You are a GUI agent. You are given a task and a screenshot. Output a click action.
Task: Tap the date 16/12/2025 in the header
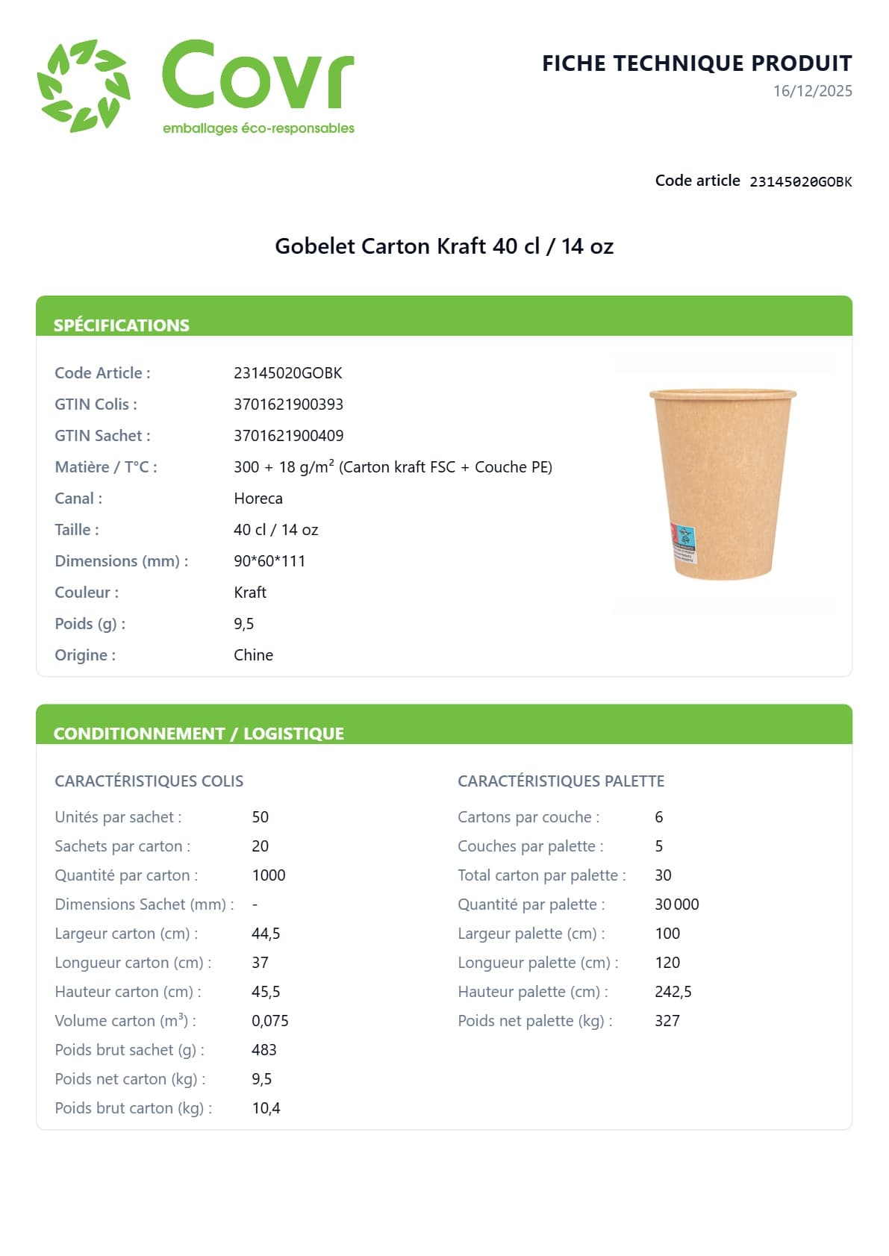click(812, 91)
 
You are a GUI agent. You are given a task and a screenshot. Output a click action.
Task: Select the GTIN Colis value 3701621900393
click(288, 404)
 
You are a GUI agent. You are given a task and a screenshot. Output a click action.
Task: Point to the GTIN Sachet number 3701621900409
click(288, 436)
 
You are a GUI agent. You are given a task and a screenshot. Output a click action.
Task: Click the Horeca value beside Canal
click(258, 499)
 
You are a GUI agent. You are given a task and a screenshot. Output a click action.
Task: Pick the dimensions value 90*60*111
click(269, 561)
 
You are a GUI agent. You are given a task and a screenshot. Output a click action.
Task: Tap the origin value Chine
click(253, 655)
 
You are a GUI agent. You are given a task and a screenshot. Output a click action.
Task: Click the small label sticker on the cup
click(682, 543)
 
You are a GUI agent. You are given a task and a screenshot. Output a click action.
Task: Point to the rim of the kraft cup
click(723, 393)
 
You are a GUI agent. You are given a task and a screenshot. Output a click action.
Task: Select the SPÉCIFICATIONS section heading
click(122, 325)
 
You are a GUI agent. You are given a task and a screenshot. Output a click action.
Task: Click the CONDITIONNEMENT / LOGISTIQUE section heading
click(199, 734)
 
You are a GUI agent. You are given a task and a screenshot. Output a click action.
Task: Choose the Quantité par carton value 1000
click(269, 875)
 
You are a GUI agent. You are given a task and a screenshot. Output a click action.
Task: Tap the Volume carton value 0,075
click(269, 1021)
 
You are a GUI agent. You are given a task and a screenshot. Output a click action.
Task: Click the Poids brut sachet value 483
click(264, 1050)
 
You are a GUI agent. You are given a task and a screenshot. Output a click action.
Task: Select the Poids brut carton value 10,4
click(266, 1108)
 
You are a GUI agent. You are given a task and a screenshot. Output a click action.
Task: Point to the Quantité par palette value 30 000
click(676, 904)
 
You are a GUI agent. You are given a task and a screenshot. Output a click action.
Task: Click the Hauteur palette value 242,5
click(673, 992)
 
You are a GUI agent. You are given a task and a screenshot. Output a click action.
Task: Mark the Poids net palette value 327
click(667, 1021)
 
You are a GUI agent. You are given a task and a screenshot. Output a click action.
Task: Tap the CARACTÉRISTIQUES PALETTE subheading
click(561, 781)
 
